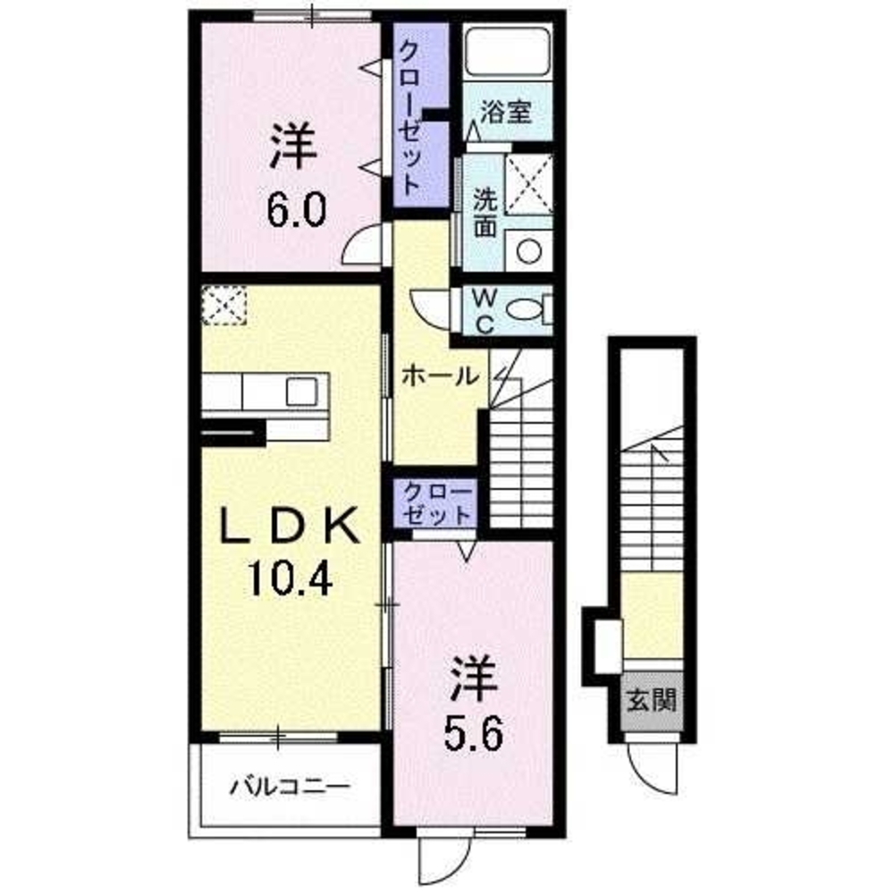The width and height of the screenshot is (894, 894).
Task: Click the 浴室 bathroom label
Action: click(x=506, y=113)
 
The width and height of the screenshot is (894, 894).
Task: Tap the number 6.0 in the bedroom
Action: click(x=294, y=212)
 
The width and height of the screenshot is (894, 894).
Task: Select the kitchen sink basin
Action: click(x=301, y=392)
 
